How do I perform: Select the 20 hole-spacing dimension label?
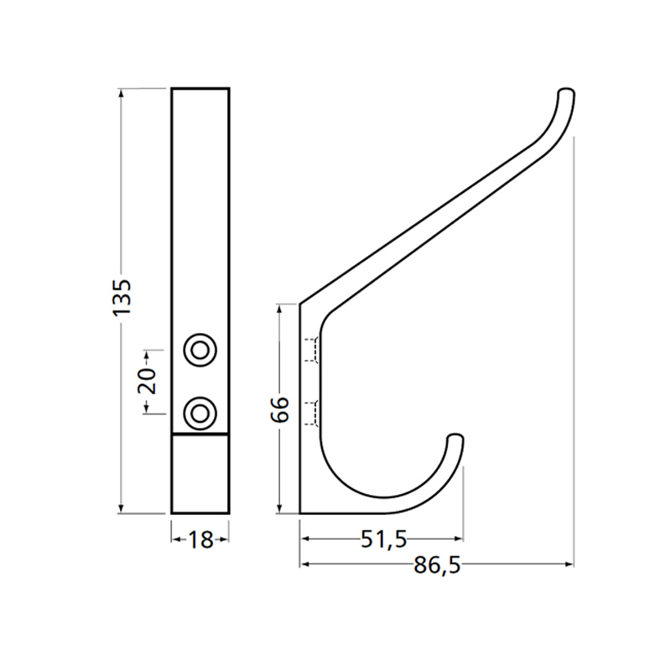[147, 382]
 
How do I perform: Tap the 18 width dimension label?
[200, 540]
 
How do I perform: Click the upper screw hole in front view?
[200, 349]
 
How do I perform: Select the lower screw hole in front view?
[200, 412]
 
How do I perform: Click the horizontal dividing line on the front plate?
[200, 434]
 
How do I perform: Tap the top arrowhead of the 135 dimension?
[122, 93]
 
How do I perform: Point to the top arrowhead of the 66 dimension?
[281, 309]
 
